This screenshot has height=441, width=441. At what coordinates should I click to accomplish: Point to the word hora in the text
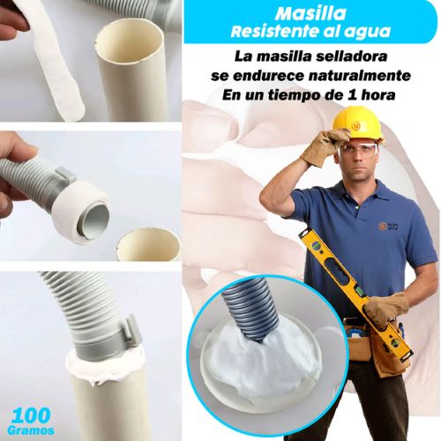398,95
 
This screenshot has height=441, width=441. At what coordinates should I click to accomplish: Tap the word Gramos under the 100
33,430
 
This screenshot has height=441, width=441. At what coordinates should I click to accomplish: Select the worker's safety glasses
358,148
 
